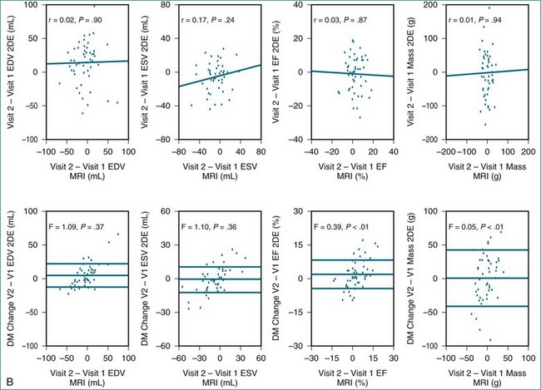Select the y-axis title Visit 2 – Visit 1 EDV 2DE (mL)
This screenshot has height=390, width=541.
(x=9, y=72)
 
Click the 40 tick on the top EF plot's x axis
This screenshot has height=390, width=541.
(x=393, y=151)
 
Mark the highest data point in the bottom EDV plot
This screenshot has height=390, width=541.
(x=117, y=234)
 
